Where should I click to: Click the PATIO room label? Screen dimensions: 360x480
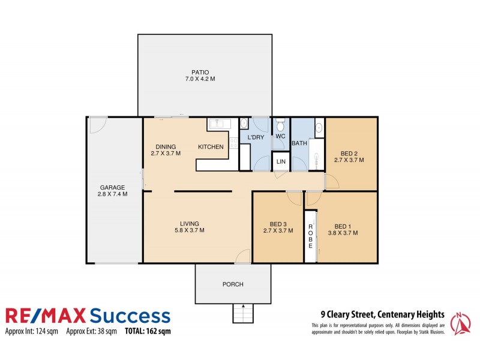click(x=200, y=71)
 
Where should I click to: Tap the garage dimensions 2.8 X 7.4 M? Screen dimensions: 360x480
click(x=112, y=194)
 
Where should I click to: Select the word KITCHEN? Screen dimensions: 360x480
click(x=211, y=147)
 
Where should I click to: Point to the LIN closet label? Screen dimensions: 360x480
click(x=280, y=162)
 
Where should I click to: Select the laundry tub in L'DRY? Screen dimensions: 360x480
click(x=244, y=124)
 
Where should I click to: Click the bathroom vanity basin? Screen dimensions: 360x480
click(x=319, y=127)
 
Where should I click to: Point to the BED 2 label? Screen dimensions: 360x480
click(x=349, y=152)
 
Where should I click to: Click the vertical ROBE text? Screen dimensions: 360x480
click(x=310, y=236)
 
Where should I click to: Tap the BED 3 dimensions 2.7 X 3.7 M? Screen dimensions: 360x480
click(x=278, y=230)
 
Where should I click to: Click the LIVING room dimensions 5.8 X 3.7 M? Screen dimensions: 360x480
click(x=189, y=230)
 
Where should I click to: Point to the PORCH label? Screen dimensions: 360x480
click(x=233, y=284)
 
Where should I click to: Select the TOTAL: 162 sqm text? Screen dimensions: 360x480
click(x=148, y=331)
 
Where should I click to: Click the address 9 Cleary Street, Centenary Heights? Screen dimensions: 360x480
click(x=382, y=314)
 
